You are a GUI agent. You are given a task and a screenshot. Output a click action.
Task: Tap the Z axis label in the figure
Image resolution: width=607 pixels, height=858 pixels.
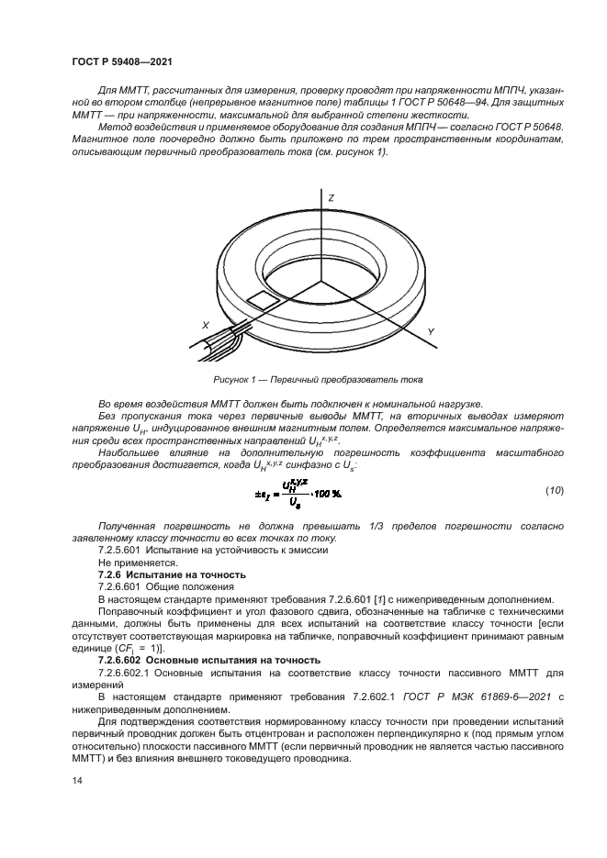coord(331,198)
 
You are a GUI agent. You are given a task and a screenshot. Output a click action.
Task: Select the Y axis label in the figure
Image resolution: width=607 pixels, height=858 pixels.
coord(431,330)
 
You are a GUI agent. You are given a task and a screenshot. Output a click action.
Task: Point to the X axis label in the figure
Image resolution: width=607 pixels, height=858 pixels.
coord(205,325)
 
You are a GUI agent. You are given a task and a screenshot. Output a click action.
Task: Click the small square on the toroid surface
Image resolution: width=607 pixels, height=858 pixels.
coord(265,299)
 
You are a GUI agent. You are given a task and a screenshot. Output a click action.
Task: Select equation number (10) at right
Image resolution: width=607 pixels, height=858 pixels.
coord(554,491)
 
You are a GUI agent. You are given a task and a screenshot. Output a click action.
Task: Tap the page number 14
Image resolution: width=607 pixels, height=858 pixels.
coord(76,780)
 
